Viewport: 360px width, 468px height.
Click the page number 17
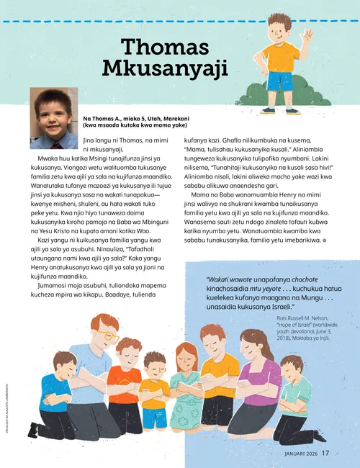(325, 453)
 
